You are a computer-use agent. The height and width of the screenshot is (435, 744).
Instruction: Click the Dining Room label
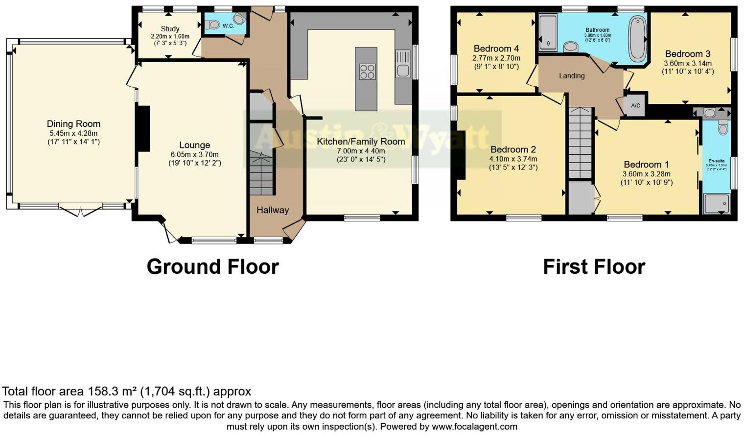tap(73, 124)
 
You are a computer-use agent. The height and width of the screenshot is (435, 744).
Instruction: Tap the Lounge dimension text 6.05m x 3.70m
tap(194, 154)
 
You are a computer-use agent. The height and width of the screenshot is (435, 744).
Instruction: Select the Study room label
tap(170, 29)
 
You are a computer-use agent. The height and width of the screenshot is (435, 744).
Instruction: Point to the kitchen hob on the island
tap(367, 72)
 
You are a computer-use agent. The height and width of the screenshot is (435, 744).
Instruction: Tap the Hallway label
tap(273, 210)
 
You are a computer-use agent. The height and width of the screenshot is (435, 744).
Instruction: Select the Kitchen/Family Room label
tap(361, 142)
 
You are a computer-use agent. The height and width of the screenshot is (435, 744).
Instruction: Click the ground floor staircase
tap(261, 174)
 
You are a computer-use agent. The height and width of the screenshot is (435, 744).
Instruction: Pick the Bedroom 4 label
tap(496, 48)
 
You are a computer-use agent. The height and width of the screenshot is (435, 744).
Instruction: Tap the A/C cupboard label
tap(635, 106)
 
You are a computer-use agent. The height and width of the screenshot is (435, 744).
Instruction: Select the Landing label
tap(572, 76)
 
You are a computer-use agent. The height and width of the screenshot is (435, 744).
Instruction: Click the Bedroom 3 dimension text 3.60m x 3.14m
tap(687, 63)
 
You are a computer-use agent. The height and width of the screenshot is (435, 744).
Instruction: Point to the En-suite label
tap(716, 161)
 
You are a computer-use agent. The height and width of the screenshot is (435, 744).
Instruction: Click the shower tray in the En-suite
tap(716, 203)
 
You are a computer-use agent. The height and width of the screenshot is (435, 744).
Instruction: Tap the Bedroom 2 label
tap(513, 149)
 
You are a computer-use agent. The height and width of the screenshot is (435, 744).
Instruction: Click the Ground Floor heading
tap(212, 267)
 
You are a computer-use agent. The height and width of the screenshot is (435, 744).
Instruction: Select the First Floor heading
tap(594, 267)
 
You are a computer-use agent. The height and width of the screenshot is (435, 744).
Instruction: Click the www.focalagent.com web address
tap(474, 426)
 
